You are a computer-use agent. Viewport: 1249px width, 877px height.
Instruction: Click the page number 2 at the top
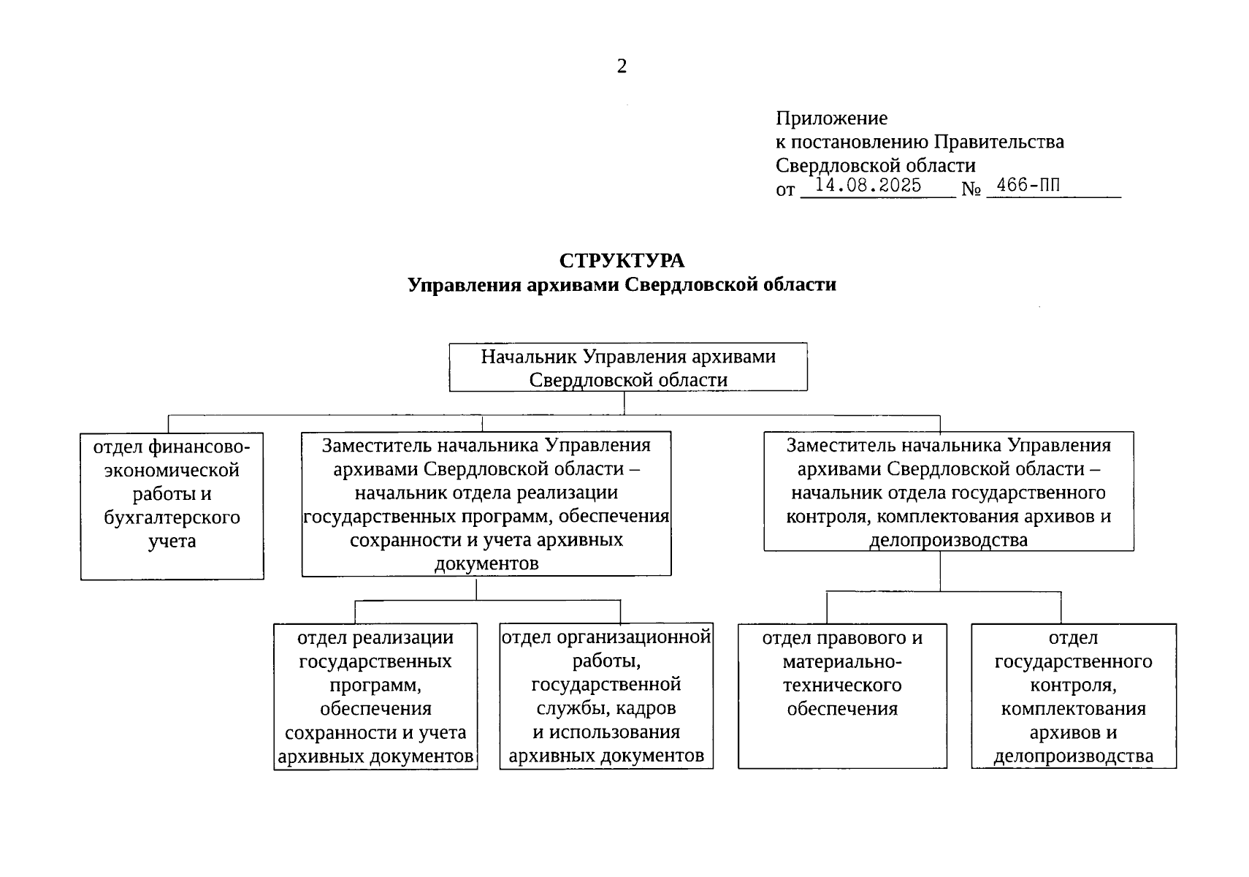[622, 67]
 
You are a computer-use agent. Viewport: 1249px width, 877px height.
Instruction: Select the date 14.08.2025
[868, 186]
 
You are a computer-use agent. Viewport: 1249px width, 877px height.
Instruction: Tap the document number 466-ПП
[1028, 186]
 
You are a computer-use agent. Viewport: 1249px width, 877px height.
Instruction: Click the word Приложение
[831, 118]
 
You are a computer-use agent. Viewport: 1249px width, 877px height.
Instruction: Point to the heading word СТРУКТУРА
[622, 261]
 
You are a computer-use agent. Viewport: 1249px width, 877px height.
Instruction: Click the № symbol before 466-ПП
[971, 189]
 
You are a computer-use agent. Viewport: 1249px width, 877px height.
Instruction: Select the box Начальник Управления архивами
[627, 368]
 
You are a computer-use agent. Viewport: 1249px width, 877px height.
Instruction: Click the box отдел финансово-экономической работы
[172, 506]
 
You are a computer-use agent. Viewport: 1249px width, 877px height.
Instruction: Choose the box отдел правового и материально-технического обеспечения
[842, 695]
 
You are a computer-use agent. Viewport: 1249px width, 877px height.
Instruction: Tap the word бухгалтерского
[172, 517]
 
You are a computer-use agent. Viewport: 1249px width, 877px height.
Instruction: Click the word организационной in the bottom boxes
[633, 637]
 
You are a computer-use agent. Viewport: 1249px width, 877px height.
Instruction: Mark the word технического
[842, 685]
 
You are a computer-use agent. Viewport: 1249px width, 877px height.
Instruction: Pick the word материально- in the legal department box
[842, 661]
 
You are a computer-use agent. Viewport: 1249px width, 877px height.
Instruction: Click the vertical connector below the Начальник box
[624, 403]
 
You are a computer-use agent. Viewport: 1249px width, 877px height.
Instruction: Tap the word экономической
[172, 470]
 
